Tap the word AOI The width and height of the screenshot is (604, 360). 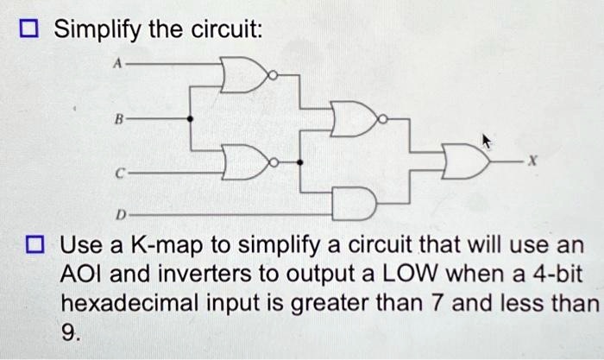(81, 275)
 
